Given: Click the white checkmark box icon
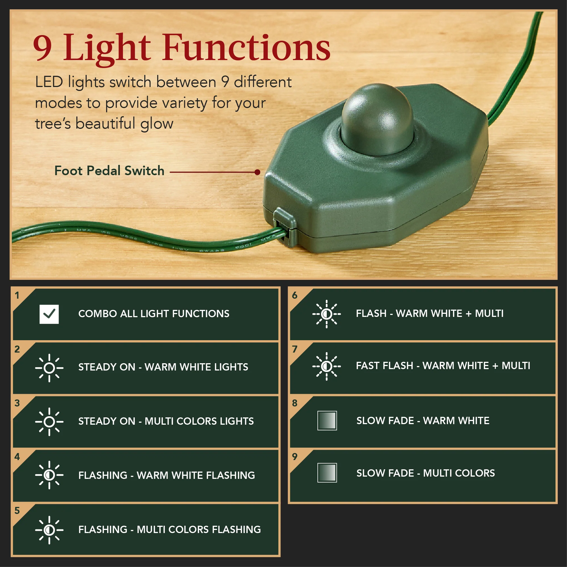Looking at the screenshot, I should (x=49, y=314).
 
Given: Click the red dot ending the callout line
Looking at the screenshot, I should (x=257, y=172).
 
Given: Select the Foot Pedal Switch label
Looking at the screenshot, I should (x=109, y=171).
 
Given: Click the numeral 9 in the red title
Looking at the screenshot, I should (x=43, y=48).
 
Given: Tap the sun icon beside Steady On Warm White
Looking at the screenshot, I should (x=49, y=368).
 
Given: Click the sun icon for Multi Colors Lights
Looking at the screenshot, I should (x=49, y=422).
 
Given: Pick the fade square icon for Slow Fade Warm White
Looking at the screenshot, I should (x=327, y=420).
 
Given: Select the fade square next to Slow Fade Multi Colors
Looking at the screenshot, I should (x=327, y=473).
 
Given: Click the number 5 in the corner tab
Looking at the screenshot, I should (x=17, y=511).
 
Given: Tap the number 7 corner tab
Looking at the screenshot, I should (x=295, y=349).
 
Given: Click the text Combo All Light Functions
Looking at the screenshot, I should (x=154, y=314).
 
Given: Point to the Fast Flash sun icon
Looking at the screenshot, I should (x=326, y=366).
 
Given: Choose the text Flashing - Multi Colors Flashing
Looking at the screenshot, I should (x=169, y=529).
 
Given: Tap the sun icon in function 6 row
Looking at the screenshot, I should (x=326, y=314).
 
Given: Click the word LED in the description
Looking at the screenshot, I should (x=49, y=82).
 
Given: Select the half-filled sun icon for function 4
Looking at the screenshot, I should (x=49, y=475).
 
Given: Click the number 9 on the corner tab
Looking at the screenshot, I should (x=295, y=457).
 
